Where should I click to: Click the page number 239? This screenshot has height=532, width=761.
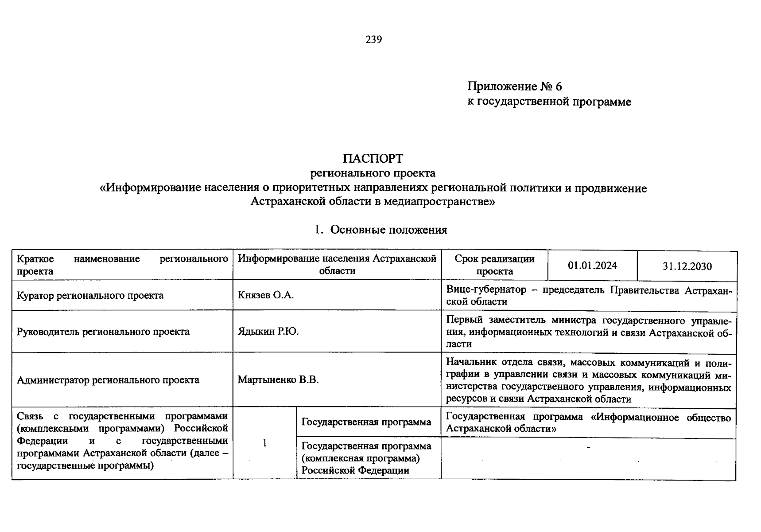(373, 39)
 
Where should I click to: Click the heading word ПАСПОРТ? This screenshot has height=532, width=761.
(373, 158)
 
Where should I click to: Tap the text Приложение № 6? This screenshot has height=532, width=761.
(514, 86)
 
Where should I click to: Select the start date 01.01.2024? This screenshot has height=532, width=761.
(592, 266)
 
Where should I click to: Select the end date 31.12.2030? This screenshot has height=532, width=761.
(687, 266)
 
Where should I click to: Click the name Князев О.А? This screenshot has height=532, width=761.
(266, 295)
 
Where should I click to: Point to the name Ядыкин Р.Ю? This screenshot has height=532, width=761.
(268, 332)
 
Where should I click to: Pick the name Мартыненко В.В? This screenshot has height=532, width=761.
(278, 380)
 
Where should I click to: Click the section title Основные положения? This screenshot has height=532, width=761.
(388, 230)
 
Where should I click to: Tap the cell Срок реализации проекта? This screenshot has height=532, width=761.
(494, 265)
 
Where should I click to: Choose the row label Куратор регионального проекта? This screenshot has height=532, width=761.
(90, 295)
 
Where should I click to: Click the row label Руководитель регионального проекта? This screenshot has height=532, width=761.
(103, 332)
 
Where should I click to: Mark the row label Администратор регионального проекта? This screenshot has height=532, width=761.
(108, 380)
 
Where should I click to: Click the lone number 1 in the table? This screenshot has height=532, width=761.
(264, 443)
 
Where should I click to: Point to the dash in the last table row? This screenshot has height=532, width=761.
(589, 448)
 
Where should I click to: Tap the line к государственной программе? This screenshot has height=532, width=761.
(549, 102)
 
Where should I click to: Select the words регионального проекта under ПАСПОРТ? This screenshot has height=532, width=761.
(373, 173)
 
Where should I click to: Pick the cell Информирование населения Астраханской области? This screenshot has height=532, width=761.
(337, 265)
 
